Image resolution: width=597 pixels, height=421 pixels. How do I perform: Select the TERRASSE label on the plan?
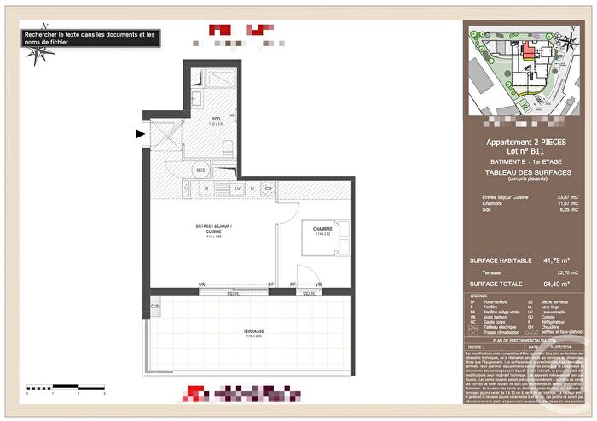pyautogui.click(x=252, y=331)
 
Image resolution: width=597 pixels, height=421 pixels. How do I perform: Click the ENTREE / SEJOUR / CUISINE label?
pyautogui.click(x=213, y=228)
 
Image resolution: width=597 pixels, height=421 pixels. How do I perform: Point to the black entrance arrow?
pyautogui.click(x=140, y=132)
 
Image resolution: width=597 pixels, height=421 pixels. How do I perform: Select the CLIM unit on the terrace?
pyautogui.click(x=155, y=307)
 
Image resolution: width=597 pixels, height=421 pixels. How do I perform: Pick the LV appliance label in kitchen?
pyautogui.click(x=237, y=188)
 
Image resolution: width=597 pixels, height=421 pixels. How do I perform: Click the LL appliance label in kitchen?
pyautogui.click(x=252, y=188)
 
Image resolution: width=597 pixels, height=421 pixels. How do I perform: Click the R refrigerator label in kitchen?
pyautogui.click(x=184, y=188)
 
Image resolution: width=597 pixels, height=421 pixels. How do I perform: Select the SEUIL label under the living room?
pyautogui.click(x=232, y=295)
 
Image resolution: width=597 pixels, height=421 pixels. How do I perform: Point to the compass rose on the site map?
pyautogui.click(x=565, y=40)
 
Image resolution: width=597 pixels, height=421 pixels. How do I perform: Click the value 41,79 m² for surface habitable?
pyautogui.click(x=556, y=260)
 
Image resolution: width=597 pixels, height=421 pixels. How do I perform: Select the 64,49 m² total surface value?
pyautogui.click(x=556, y=284)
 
